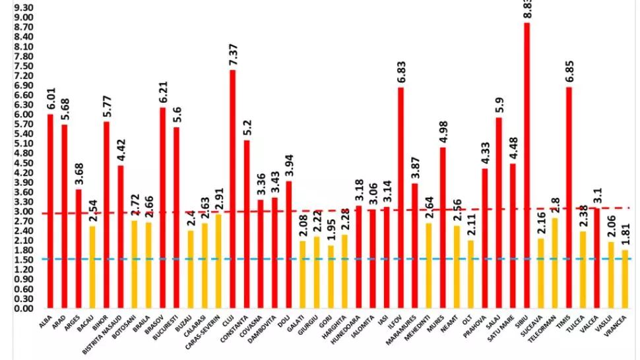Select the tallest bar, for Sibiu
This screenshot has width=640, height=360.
click(527, 165)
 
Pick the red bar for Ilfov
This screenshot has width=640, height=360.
click(400, 198)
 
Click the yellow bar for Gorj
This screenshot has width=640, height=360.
click(331, 276)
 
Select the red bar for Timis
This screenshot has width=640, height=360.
click(569, 198)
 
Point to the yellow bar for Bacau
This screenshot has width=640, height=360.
click(92, 267)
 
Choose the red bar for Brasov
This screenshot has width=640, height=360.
click(162, 208)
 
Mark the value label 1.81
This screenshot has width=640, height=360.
click(625, 235)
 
